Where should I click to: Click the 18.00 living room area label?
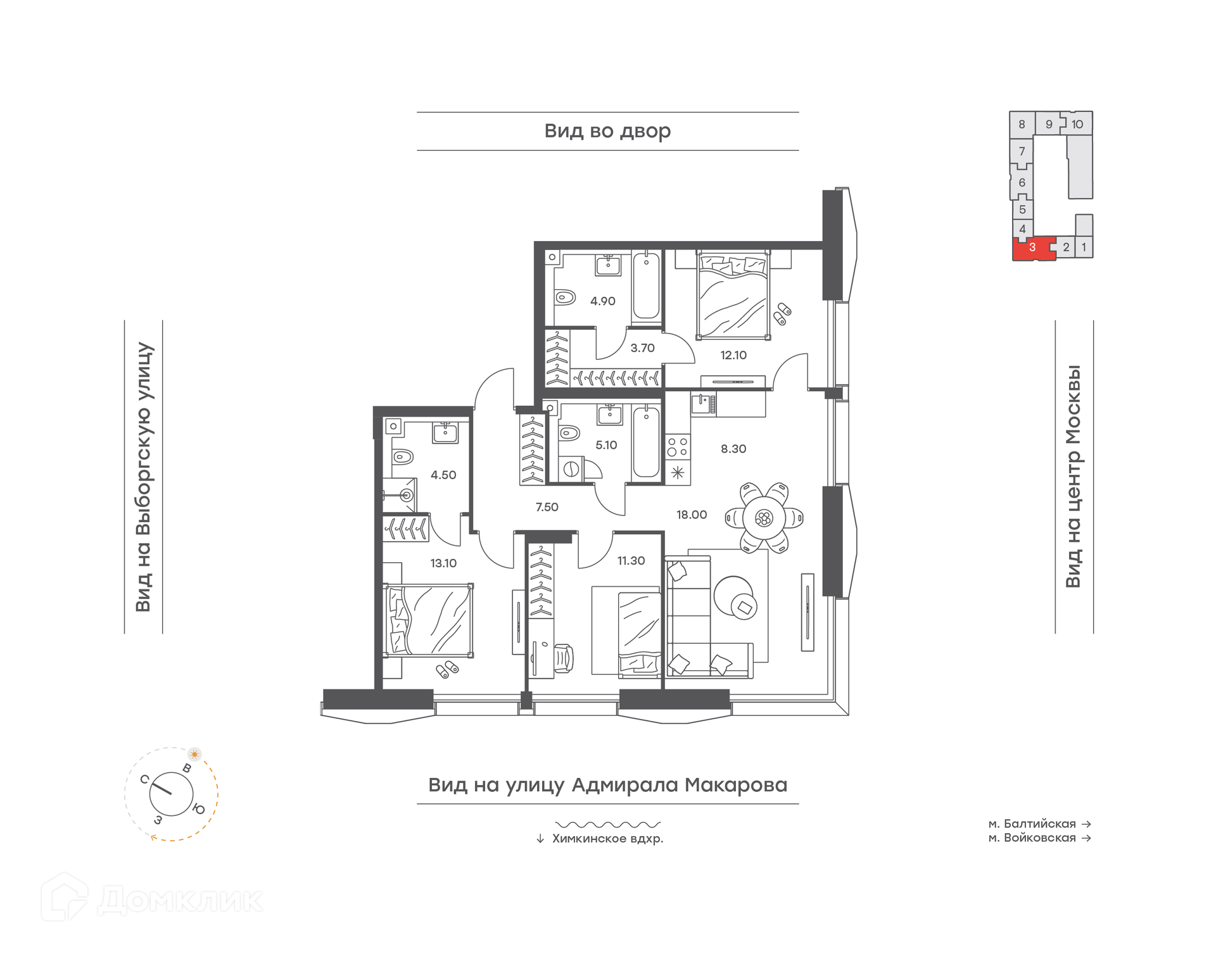point(691,515)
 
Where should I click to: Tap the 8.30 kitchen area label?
point(733,449)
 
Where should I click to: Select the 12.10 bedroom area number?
point(733,355)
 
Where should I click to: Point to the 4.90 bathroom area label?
point(602,301)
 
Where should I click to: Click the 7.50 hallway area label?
point(547,507)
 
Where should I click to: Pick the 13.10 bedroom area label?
point(443,563)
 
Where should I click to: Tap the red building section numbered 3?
point(1033,248)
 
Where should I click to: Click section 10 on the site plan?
point(1077,124)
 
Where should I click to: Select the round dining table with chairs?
point(764,518)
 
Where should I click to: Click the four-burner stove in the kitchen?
point(677,448)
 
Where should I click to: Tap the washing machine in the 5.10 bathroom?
point(571,469)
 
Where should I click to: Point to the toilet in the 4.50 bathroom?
point(403,456)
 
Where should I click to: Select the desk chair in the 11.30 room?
point(563,658)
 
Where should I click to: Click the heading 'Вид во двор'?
point(607,131)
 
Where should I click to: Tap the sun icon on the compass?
point(194,754)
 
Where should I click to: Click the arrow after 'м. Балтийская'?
point(1086,824)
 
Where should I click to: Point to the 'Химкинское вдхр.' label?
point(608,839)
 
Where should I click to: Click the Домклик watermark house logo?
point(65,897)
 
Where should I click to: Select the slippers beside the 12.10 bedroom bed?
point(782,313)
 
